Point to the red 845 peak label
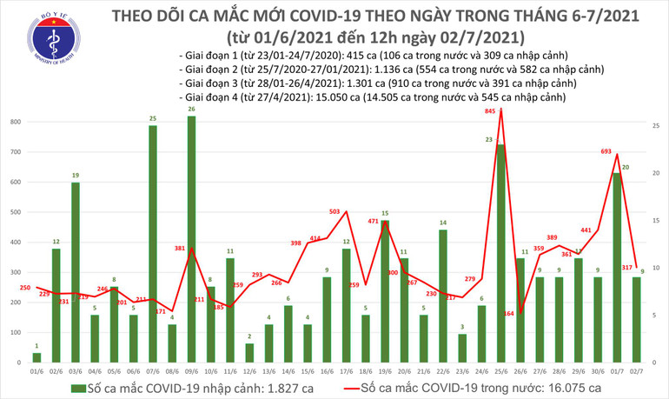(x=490, y=111)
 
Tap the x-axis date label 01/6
(x=36, y=369)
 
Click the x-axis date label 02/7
(x=636, y=369)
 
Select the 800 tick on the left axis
(x=16, y=122)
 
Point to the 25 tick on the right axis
(x=656, y=127)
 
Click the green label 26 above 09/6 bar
(x=191, y=109)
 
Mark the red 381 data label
(x=180, y=248)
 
